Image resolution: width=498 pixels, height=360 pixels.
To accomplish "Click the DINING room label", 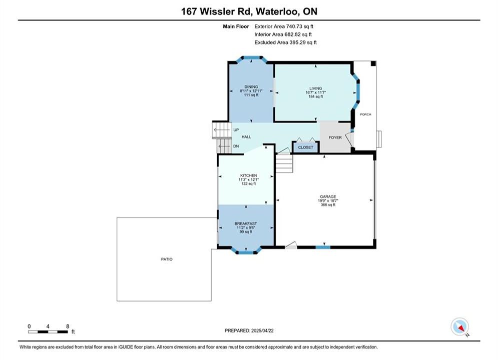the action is click(251, 86).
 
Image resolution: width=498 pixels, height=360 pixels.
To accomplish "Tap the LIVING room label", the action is click(316, 88).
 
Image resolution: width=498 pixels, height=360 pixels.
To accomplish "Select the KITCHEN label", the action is click(249, 175).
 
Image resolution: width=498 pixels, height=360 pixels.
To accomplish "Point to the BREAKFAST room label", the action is click(246, 223).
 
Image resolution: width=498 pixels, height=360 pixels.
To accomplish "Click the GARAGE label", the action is click(328, 196).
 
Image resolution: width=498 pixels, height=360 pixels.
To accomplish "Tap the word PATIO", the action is click(167, 259).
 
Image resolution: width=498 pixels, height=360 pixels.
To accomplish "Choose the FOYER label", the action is click(335, 137).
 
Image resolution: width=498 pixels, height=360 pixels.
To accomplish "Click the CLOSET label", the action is click(305, 147).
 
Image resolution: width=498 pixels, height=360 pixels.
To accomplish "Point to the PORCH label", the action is click(365, 114).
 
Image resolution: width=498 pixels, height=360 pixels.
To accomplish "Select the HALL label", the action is click(246, 136).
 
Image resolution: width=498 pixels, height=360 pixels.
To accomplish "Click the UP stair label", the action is click(236, 129).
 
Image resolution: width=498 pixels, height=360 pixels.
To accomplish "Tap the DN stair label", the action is click(236, 146).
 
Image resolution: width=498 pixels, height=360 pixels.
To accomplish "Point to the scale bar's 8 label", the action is click(68, 326).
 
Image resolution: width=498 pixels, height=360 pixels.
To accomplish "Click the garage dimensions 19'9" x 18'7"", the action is click(328, 201).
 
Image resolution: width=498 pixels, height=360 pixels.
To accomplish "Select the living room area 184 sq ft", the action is click(316, 96).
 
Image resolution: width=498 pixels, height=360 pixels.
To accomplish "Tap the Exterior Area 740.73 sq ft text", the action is click(284, 26).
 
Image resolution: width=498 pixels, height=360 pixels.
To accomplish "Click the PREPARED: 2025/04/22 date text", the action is click(249, 330).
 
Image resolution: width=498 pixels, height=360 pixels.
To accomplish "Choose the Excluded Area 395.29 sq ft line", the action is click(285, 42).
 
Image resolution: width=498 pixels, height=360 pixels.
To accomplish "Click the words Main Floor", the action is click(236, 26).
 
